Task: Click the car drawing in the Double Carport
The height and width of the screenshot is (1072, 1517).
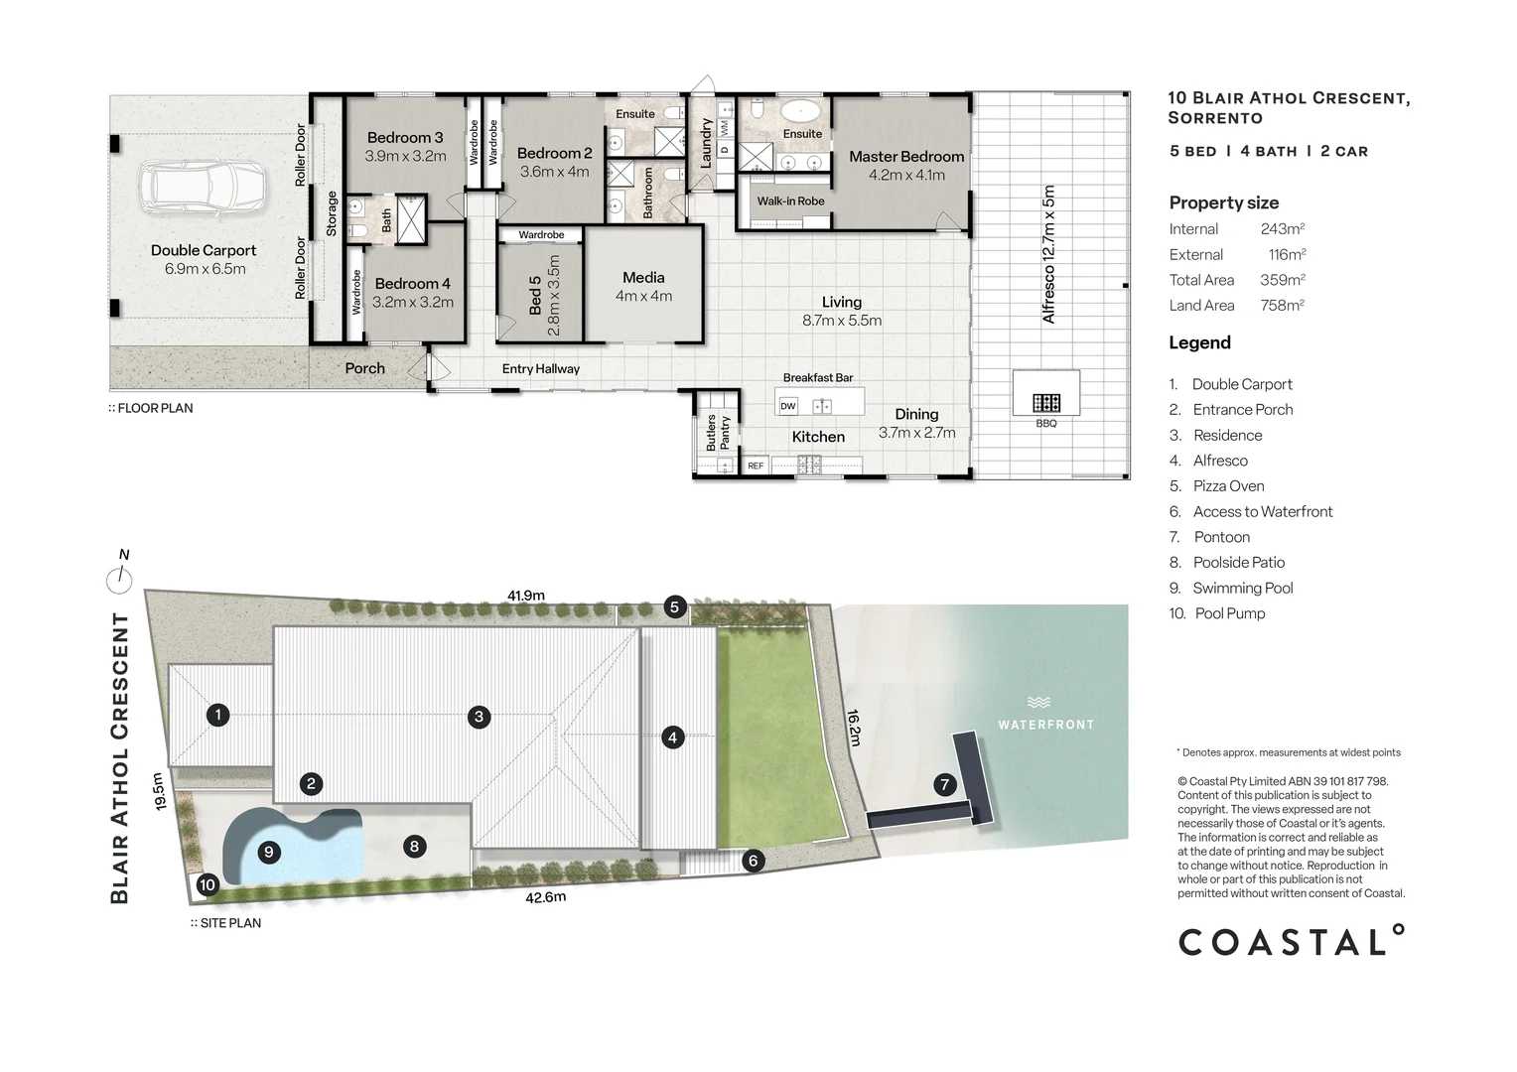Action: point(202,190)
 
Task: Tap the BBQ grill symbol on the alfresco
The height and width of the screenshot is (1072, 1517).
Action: point(1045,403)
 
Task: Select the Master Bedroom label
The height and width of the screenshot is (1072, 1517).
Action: point(906,157)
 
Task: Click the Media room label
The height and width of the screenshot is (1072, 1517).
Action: point(643,278)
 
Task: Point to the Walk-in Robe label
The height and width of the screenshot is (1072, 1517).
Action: point(790,201)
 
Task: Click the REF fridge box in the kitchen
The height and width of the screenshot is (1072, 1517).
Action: point(756,466)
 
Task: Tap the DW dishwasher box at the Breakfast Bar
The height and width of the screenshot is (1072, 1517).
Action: point(788,406)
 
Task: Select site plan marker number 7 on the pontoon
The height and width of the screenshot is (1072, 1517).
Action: point(945,785)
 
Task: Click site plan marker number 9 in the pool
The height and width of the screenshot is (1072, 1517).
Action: point(269,852)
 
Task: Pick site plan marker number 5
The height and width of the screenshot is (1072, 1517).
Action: point(674,606)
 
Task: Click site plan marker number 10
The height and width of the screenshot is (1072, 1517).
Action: point(207,884)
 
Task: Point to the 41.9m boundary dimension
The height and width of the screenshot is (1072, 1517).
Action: point(526,596)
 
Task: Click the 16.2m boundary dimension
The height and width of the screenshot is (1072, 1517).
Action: point(854,728)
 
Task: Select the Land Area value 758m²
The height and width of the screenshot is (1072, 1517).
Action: point(1283,306)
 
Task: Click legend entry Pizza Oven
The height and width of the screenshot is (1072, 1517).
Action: point(1228,486)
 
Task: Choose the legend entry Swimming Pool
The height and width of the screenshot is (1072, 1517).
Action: point(1243,588)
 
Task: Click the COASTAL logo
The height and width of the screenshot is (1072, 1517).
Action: point(1292,940)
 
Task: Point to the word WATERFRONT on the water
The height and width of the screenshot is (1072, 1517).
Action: point(1046,725)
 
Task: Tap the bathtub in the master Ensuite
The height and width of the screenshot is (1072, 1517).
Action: point(800,110)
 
